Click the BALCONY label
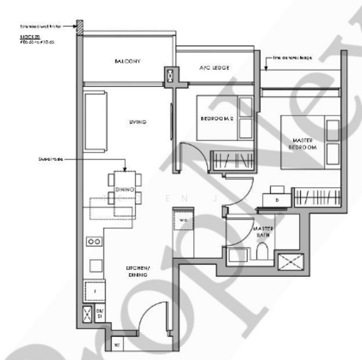(127, 61)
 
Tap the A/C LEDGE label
(214, 68)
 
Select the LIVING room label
(137, 122)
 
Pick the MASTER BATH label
(263, 232)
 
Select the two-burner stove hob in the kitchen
(94, 241)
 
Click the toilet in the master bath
(262, 253)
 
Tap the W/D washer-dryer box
(183, 220)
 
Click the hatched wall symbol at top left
(79, 26)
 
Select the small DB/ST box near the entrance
(100, 313)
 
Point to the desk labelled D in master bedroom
(276, 198)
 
